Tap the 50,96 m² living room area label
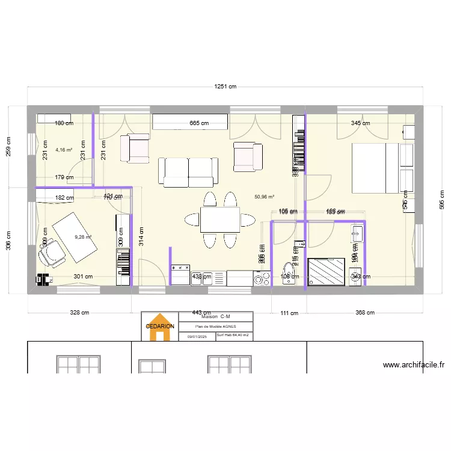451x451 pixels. pyautogui.click(x=264, y=197)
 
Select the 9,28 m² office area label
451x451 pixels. pyautogui.click(x=82, y=237)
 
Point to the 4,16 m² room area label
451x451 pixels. pyautogui.click(x=64, y=150)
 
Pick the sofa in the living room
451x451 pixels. pyautogui.click(x=188, y=172)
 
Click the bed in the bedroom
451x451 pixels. pyautogui.click(x=377, y=168)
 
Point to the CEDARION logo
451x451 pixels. pyautogui.click(x=159, y=327)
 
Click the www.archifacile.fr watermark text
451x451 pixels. pyautogui.click(x=413, y=364)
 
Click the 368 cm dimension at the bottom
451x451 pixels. pyautogui.click(x=365, y=313)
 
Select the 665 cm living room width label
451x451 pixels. pyautogui.click(x=199, y=123)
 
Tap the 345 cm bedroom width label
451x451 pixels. pyautogui.click(x=360, y=123)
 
